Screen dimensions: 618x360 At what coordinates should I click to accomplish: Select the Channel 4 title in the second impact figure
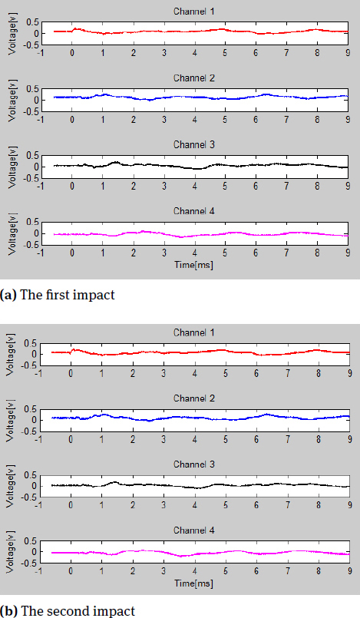pyautogui.click(x=194, y=530)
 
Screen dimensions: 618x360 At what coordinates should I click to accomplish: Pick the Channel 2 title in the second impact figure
pyautogui.click(x=194, y=398)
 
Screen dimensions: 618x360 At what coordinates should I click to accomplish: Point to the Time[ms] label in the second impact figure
pyautogui.click(x=195, y=584)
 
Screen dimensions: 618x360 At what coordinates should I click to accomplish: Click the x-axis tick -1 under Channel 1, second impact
pyautogui.click(x=41, y=372)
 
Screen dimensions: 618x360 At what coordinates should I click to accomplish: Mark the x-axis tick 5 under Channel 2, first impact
pyautogui.click(x=225, y=119)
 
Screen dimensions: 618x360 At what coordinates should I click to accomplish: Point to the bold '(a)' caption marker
pyautogui.click(x=10, y=296)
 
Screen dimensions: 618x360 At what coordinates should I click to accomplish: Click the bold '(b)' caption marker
pyautogui.click(x=10, y=611)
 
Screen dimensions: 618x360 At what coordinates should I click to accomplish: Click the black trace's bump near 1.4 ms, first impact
pyautogui.click(x=115, y=162)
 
